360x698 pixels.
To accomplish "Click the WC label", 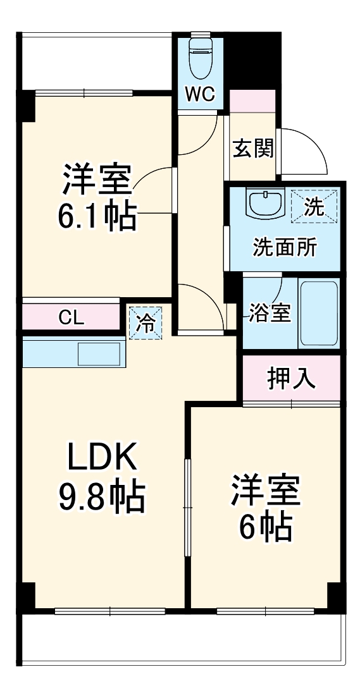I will coord(201,95).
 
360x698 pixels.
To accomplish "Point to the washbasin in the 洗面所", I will coord(264,204).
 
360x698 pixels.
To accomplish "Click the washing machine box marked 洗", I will coord(314,206).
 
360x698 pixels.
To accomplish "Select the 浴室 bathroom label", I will coord(270,312).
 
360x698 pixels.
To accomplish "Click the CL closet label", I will coord(71,317).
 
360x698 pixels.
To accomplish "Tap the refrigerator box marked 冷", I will coord(146,322).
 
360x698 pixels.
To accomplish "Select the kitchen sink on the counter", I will coord(100,353).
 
